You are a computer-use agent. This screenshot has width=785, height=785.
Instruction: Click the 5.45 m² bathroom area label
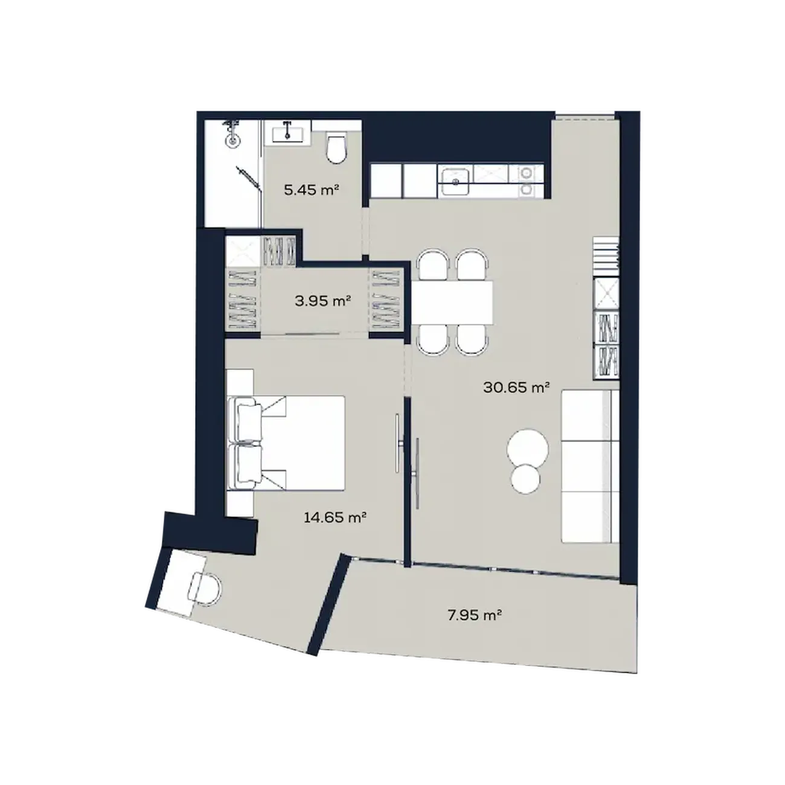coord(312,190)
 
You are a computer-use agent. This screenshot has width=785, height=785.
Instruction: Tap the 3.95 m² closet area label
coord(322,301)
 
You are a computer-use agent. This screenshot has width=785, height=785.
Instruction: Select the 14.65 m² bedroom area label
coord(335,517)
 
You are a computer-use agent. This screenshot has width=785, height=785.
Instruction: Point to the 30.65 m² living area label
coord(516,387)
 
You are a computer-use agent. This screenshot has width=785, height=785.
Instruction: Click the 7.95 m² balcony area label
coord(474,615)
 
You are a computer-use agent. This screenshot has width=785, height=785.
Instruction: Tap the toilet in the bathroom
coord(337,148)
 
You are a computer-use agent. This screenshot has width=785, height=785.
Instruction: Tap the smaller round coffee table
coord(525,479)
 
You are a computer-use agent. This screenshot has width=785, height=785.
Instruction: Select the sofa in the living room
coord(590,466)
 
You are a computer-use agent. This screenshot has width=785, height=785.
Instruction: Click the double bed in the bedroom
coord(286,443)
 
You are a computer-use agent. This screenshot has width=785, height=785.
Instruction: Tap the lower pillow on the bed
coord(248,464)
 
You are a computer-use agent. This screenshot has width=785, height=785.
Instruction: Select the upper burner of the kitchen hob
coord(526,173)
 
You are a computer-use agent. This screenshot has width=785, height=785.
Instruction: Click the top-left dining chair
coord(433,265)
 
